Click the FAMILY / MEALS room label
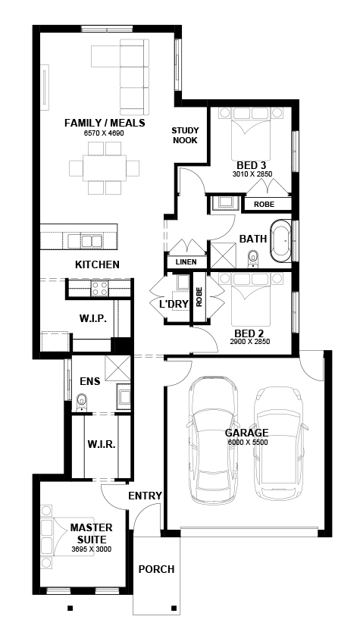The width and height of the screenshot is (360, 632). click(x=105, y=123)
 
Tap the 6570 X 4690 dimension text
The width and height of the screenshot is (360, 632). click(x=104, y=133)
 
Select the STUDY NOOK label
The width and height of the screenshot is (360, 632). click(x=185, y=136)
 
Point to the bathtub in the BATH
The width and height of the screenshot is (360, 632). click(x=280, y=241)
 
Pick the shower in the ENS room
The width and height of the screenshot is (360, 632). click(x=117, y=368)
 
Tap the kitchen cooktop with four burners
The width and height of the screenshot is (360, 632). click(x=99, y=289)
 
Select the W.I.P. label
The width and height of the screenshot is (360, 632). click(x=92, y=319)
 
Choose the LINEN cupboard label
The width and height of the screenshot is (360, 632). click(x=186, y=262)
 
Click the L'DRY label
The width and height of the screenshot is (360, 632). click(x=174, y=305)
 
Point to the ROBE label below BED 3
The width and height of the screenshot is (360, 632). click(x=264, y=205)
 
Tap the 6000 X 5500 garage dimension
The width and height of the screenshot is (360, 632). click(x=248, y=442)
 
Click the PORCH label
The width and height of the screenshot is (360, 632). click(x=156, y=569)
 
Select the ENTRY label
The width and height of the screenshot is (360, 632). click(x=145, y=496)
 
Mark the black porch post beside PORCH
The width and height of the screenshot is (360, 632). click(x=174, y=608)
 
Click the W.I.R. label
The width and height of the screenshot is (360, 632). click(x=102, y=445)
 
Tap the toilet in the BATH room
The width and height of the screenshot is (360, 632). click(x=253, y=258)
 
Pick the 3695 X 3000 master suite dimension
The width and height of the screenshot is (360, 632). click(x=92, y=549)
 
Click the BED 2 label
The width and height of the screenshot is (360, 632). click(x=249, y=333)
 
